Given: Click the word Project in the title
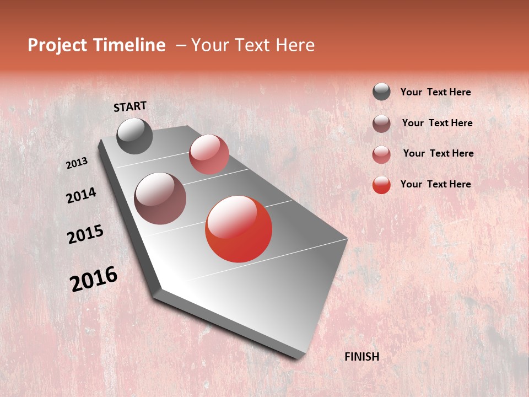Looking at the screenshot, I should point(57,45).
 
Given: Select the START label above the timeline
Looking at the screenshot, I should point(130,106).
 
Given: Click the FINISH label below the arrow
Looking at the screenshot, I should point(361,357).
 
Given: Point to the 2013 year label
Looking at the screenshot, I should point(77,163).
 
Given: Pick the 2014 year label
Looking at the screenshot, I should point(81,195).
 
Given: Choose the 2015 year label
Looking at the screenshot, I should point(85,234).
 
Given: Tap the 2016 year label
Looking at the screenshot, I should point(94,278).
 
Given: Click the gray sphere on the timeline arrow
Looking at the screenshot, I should point(134,136).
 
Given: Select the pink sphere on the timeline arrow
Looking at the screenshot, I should point(209,154).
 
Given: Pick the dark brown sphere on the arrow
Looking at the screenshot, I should point(160,198).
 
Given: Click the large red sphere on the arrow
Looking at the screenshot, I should point(239,229).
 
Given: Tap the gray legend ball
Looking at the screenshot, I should point(381,92).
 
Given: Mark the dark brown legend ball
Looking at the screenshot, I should point(381,124).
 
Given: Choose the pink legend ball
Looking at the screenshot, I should point(381,154).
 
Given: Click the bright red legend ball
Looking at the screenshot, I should point(381,185).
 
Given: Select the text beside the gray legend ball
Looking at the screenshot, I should point(435,92).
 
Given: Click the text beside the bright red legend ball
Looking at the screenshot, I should point(435,184).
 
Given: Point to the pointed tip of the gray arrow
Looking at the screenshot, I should point(300,357).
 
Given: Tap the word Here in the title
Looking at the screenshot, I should point(294,45).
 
